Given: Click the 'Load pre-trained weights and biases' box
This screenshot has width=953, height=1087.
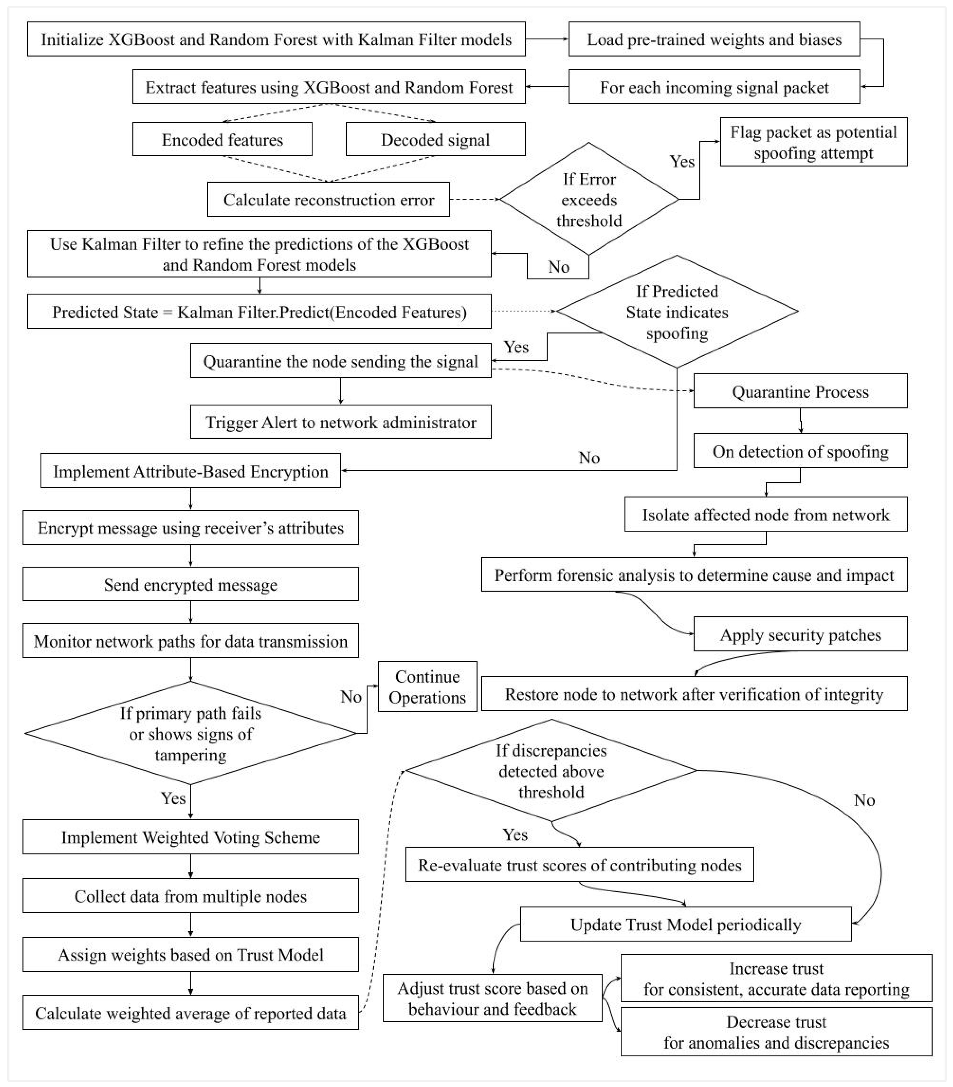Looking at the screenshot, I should [x=714, y=39].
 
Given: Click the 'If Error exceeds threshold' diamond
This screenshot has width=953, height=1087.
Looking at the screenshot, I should [x=589, y=199].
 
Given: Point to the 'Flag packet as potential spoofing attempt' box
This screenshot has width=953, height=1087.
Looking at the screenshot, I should [x=813, y=142].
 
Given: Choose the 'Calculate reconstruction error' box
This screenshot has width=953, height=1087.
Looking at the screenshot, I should [x=328, y=199].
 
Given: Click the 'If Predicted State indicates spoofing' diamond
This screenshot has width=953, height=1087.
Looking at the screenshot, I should [x=677, y=312].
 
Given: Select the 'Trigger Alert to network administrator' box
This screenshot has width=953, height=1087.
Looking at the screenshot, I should [x=341, y=422].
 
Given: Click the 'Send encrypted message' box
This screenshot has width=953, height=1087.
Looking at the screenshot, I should [x=190, y=584].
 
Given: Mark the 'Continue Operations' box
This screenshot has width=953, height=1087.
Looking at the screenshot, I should [x=427, y=686].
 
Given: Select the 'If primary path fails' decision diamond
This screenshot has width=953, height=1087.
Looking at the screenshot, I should [x=190, y=733].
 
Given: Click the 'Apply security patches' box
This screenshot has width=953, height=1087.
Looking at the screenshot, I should [x=800, y=635].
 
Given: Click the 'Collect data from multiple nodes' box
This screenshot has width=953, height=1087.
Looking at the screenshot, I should [x=190, y=896].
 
